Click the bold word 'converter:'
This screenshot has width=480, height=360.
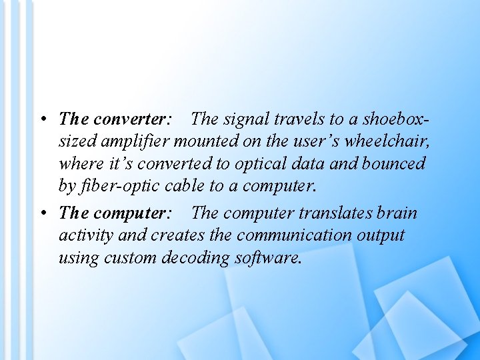tap(133, 119)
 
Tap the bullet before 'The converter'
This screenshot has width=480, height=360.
tap(42, 120)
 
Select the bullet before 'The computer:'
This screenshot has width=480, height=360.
tap(42, 214)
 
